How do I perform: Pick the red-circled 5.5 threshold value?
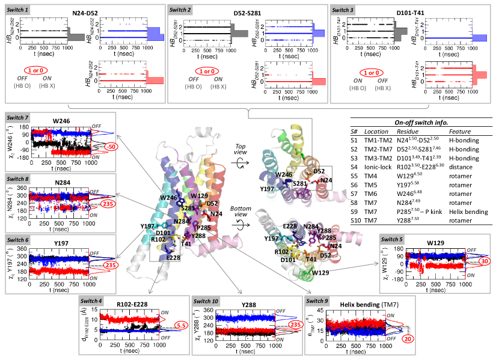166,325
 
